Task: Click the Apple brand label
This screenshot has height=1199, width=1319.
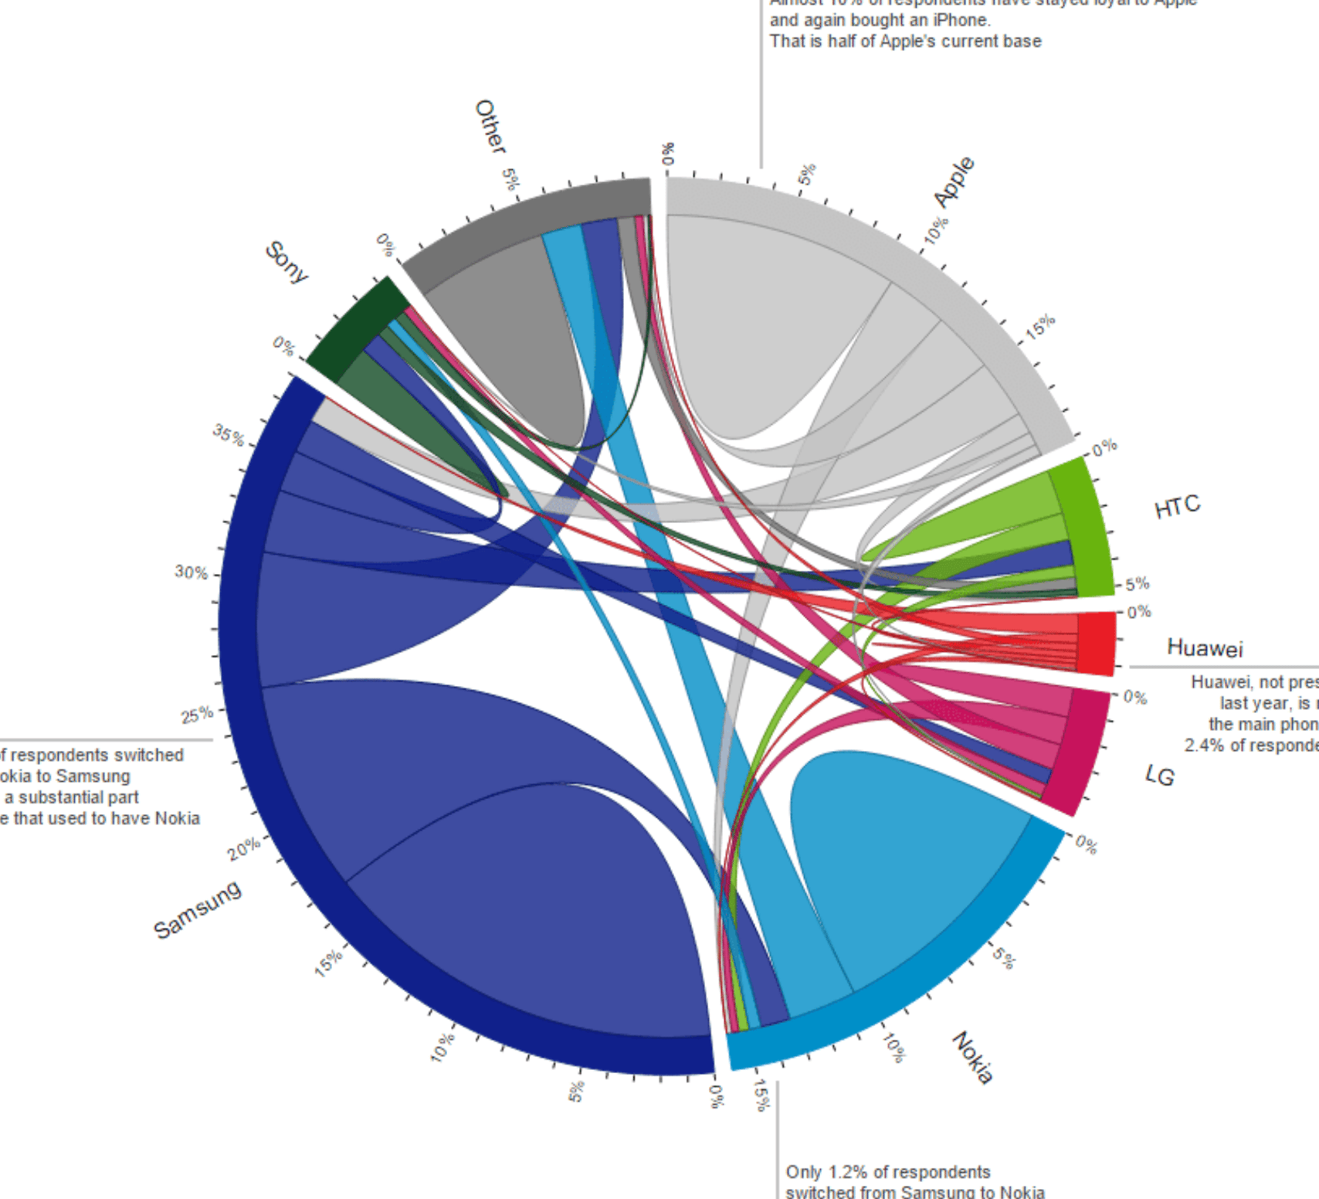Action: pos(954,182)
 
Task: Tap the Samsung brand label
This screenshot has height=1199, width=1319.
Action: pos(198,909)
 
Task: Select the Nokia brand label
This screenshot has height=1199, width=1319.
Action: pos(972,1058)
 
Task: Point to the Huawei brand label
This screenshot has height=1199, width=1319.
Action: pos(1205,647)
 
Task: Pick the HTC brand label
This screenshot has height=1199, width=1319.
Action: pos(1177,507)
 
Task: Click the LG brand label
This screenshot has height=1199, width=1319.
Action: pos(1160,775)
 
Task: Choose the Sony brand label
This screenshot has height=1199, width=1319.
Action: pos(287,262)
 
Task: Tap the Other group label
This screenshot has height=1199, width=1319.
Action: pos(490,126)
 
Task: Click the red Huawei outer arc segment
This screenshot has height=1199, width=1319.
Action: pos(1097,643)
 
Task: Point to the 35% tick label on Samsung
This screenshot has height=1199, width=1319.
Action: pos(229,435)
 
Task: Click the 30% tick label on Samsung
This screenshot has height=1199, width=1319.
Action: pos(191,572)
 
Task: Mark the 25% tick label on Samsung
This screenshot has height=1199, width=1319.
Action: pos(197,715)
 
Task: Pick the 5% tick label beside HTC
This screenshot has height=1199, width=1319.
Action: pos(1138,583)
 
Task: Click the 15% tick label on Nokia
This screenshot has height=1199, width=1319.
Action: pos(761,1095)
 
